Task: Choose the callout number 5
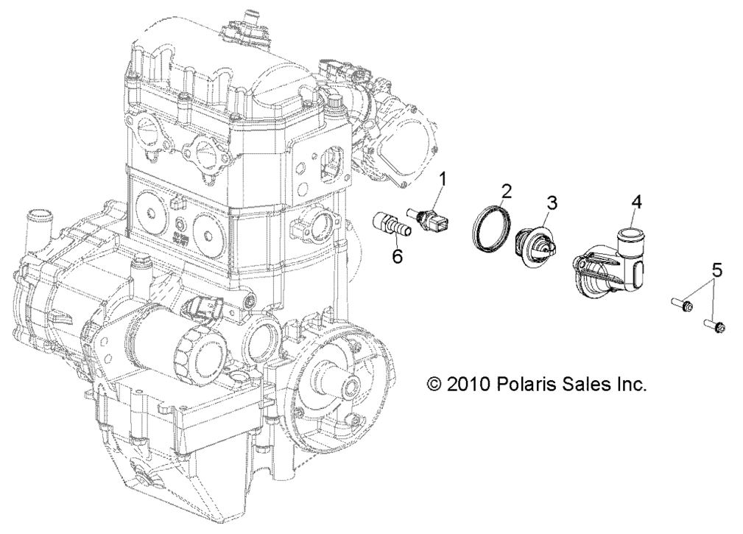pyautogui.click(x=716, y=270)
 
